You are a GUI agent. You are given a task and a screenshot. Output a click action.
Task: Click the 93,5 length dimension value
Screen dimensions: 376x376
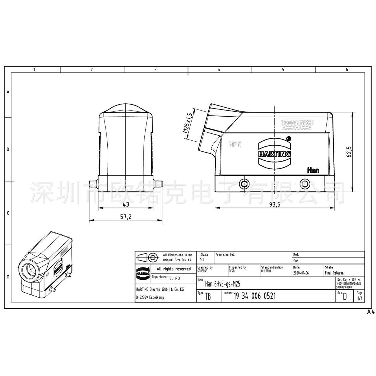point(275,204)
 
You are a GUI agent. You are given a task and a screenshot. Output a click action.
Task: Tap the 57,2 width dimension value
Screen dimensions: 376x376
point(126,217)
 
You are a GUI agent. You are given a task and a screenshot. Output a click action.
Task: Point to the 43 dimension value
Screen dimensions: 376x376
point(126,204)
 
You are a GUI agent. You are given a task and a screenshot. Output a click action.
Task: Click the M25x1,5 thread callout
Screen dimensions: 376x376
point(188,123)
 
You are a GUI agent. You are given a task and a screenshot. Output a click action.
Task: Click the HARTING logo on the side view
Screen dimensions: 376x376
point(274,153)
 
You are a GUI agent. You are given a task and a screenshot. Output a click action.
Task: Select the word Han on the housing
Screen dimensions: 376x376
point(313,170)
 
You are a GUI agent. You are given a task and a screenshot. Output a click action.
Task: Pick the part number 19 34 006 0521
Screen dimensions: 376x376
point(254,296)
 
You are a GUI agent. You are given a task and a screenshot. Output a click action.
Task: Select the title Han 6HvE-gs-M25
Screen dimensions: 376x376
point(223,284)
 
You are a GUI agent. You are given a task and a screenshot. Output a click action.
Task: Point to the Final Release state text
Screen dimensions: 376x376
point(334,273)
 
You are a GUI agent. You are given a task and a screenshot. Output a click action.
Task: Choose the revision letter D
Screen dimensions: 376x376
point(344,297)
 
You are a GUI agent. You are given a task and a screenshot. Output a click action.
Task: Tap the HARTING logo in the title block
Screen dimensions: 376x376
point(143,274)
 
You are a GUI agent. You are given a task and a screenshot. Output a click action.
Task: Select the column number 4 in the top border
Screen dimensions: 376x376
point(219,69)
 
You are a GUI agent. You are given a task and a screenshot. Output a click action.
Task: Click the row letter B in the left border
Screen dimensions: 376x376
point(8,149)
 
